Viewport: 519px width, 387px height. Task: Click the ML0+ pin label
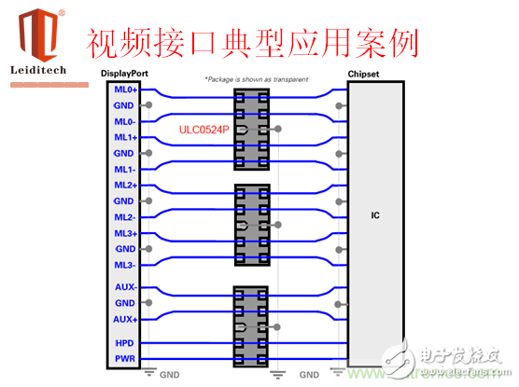[x=125, y=90]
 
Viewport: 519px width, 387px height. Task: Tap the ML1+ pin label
[x=125, y=137]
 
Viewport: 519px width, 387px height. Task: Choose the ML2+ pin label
[x=125, y=186]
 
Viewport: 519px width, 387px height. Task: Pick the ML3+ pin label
[x=125, y=233]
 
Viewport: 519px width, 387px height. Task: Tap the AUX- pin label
[x=125, y=287]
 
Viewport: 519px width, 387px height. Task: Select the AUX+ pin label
[x=125, y=320]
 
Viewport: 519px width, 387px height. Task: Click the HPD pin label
[x=125, y=342]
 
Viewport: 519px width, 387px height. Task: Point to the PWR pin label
[x=125, y=358]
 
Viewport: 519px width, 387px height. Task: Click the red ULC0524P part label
[x=204, y=131]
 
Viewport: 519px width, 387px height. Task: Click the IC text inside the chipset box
[x=375, y=215]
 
